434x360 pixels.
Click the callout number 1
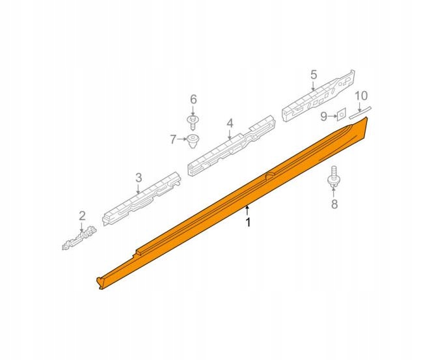[x=249, y=222]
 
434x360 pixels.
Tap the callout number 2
[x=82, y=215]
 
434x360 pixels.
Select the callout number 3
[x=139, y=178]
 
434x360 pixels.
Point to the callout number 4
[x=230, y=124]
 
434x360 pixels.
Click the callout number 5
[x=314, y=74]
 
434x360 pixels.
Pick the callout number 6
[x=193, y=99]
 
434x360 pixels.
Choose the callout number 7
[x=173, y=139]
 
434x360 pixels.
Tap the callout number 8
[x=334, y=204]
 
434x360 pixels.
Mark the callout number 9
[x=323, y=117]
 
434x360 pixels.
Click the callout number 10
[x=361, y=96]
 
